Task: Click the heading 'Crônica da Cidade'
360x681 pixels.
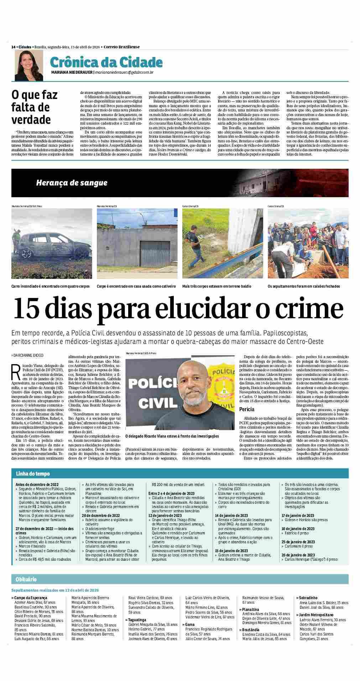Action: [106, 63]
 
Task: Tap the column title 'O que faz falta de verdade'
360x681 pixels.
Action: [34, 107]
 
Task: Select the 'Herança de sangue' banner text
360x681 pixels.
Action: [72, 183]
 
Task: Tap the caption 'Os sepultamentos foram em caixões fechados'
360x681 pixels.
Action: [304, 286]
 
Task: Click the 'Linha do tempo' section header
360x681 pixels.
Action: [32, 474]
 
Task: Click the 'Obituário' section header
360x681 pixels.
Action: [26, 580]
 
